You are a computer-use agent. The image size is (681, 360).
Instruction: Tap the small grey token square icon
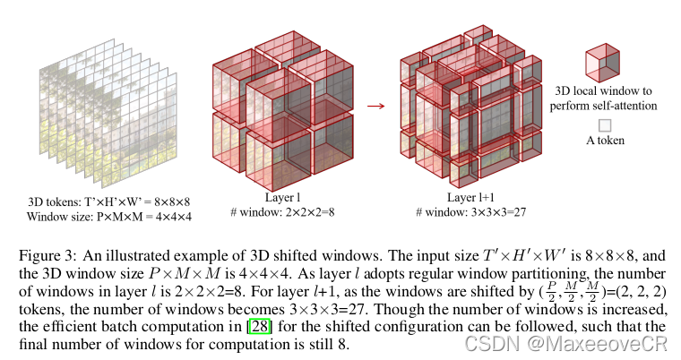(605, 125)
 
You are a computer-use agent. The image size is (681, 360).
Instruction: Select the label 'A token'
(605, 141)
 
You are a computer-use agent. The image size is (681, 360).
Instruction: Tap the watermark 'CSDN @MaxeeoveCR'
(610, 343)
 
